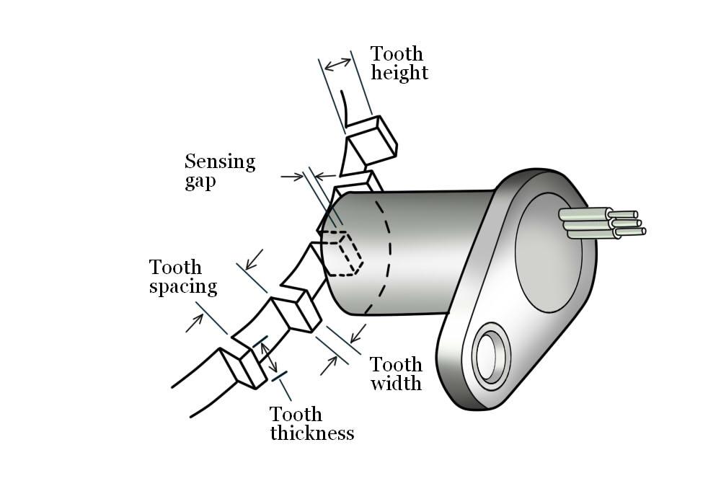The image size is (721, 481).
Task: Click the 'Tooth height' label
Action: point(399,63)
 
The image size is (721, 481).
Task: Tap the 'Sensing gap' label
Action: point(220,170)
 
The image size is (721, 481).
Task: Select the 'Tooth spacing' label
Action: point(183,277)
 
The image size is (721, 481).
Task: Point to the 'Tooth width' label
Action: point(396,373)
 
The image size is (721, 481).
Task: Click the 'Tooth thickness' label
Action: point(311,423)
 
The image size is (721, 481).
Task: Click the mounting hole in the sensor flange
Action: point(491,356)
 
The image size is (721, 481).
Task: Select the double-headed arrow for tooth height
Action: point(337,64)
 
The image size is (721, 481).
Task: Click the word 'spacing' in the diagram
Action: point(183,287)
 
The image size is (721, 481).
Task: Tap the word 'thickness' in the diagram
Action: point(311,433)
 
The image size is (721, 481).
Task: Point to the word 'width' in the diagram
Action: point(396,382)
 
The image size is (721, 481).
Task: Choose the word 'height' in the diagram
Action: point(399,73)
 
